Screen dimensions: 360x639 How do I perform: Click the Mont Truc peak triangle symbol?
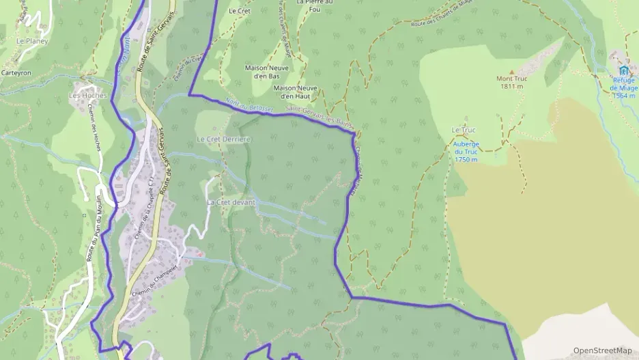point(511,71)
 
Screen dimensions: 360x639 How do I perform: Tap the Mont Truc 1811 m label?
point(511,83)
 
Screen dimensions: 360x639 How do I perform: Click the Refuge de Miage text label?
point(623,87)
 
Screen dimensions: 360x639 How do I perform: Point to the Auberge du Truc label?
point(465,152)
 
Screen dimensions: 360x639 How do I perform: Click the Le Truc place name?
point(463,130)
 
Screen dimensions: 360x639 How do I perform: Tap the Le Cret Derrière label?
point(224,139)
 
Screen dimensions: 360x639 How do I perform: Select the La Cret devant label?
point(231,202)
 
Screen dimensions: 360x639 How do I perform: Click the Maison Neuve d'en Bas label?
point(267,71)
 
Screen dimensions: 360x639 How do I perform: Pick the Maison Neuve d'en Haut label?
point(296,92)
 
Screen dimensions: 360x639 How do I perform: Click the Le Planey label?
point(30,41)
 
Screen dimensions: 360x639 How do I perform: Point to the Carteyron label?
point(17,72)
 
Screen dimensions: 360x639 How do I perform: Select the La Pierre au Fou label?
point(315,5)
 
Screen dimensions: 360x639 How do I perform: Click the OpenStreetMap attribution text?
point(602,350)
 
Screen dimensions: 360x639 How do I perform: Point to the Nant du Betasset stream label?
point(248,106)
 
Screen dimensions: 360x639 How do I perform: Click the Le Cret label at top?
point(240,11)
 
